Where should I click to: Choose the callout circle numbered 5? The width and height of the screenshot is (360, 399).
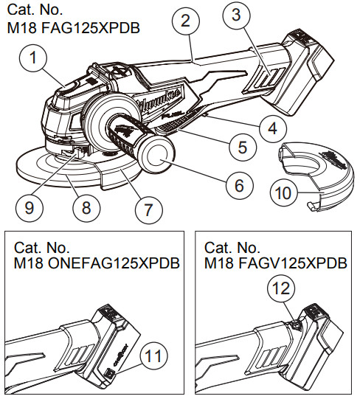[237, 147]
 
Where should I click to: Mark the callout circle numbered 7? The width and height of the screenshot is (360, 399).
[148, 210]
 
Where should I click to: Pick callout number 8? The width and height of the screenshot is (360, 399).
[86, 209]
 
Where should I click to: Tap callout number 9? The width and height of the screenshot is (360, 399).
[30, 209]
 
